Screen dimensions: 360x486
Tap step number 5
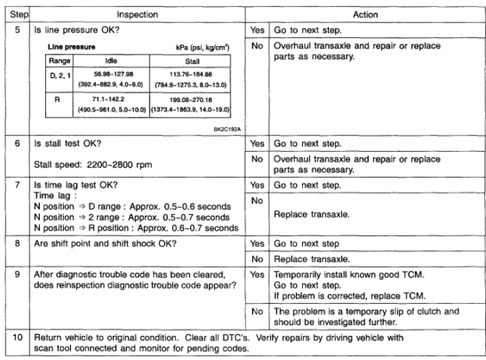coord(15,30)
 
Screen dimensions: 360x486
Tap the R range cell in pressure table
coord(55,104)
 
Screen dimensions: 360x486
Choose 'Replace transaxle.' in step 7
coord(315,210)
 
